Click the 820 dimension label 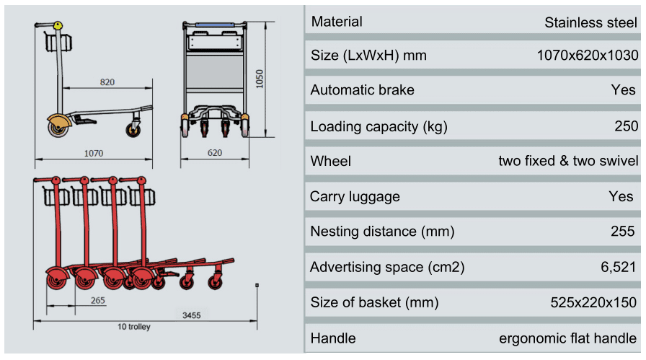click(107, 82)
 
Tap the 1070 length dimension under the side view click(94, 153)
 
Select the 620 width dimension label click(214, 153)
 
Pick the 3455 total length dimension click(190, 315)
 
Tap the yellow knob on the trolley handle click(57, 26)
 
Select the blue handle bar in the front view click(214, 25)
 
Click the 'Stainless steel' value click(590, 22)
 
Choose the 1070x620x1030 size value click(587, 56)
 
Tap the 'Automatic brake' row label click(362, 90)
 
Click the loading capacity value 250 click(626, 126)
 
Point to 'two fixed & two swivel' click(567, 161)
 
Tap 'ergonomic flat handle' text click(568, 338)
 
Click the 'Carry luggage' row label click(355, 196)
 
